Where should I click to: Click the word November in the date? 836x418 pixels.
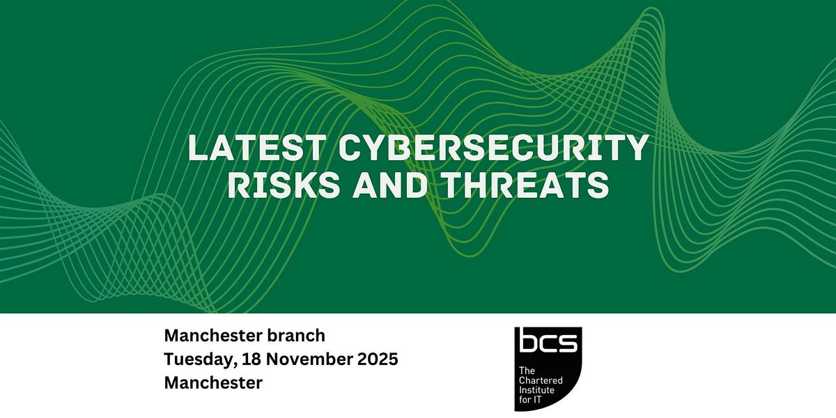(301, 359)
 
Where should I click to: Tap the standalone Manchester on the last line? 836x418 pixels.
(213, 383)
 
